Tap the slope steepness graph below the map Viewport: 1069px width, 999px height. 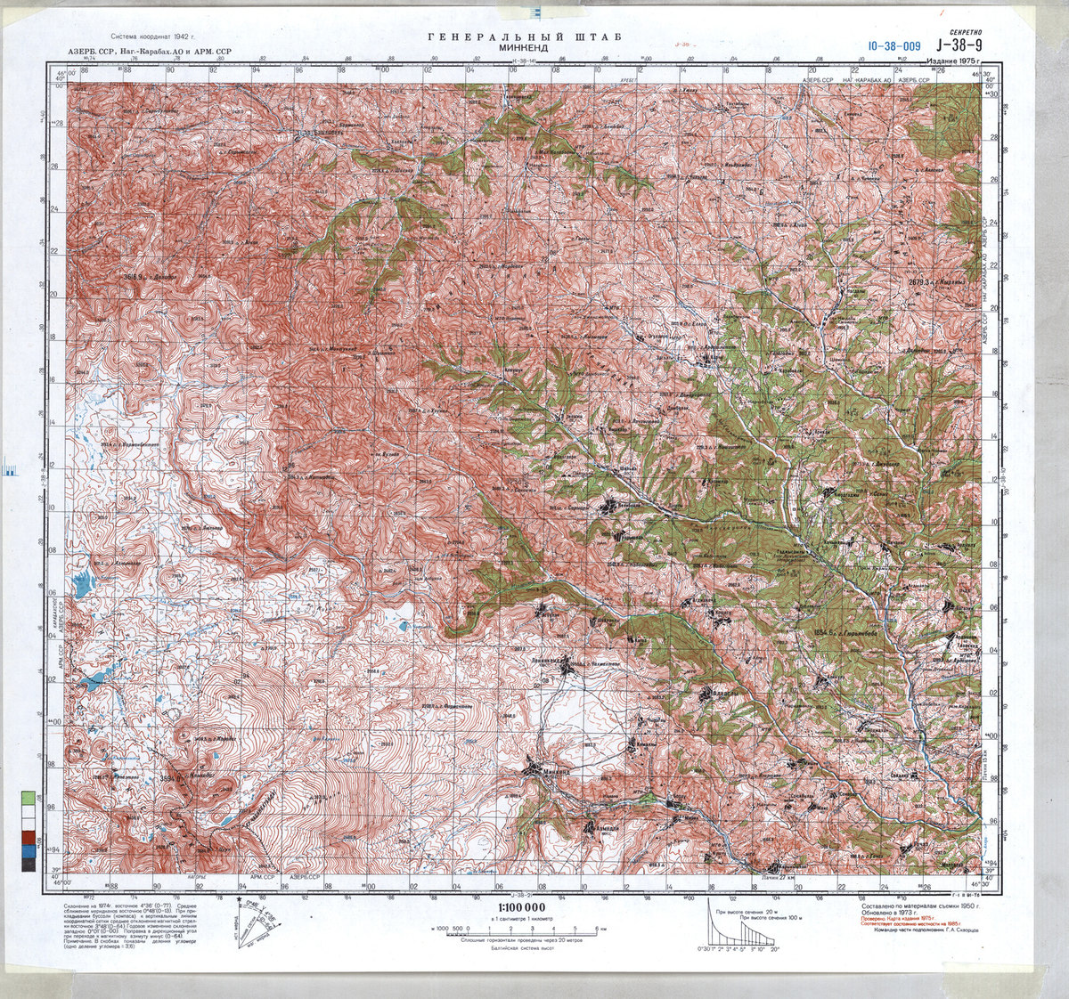click(x=744, y=930)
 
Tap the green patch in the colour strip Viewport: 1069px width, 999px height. click(x=29, y=798)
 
